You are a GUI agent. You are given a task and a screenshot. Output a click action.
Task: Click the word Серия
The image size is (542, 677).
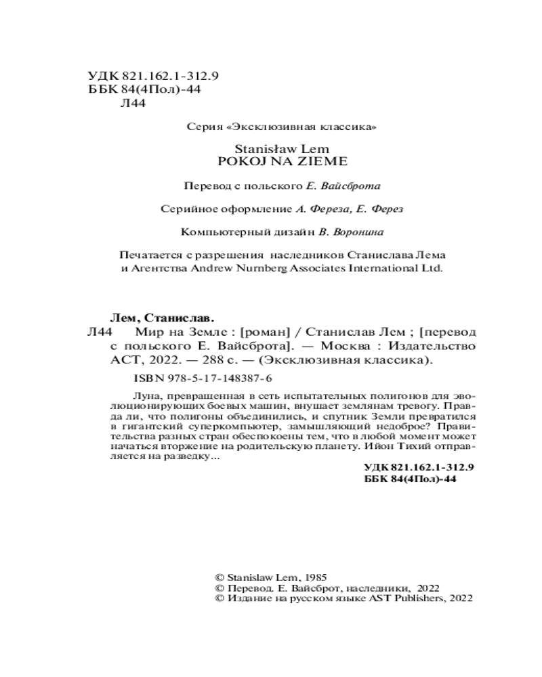click(x=201, y=127)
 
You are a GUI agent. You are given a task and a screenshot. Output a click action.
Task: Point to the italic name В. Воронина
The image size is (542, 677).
click(x=350, y=232)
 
